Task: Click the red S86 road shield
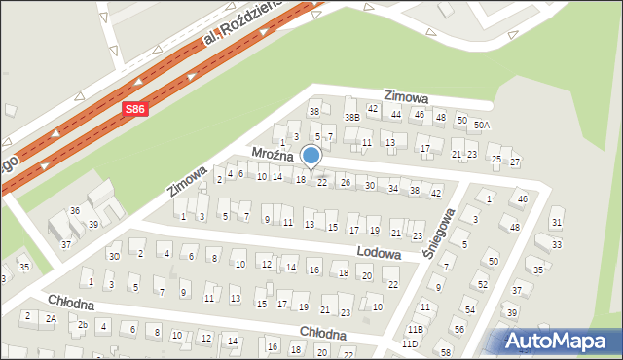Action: pyautogui.click(x=135, y=111)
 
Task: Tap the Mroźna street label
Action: pyautogui.click(x=273, y=155)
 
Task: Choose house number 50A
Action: pyautogui.click(x=481, y=126)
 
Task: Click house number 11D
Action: pyautogui.click(x=409, y=343)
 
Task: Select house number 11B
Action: pyautogui.click(x=416, y=330)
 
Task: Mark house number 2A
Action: pyautogui.click(x=51, y=318)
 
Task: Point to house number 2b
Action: pyautogui.click(x=83, y=325)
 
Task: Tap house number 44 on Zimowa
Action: pyautogui.click(x=395, y=115)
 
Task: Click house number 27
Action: pyautogui.click(x=515, y=162)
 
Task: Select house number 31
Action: pyautogui.click(x=556, y=223)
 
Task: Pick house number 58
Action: pyautogui.click(x=445, y=352)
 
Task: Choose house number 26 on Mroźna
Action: pyautogui.click(x=345, y=183)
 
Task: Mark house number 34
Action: pyautogui.click(x=393, y=188)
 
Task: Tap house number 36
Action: pyautogui.click(x=74, y=210)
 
